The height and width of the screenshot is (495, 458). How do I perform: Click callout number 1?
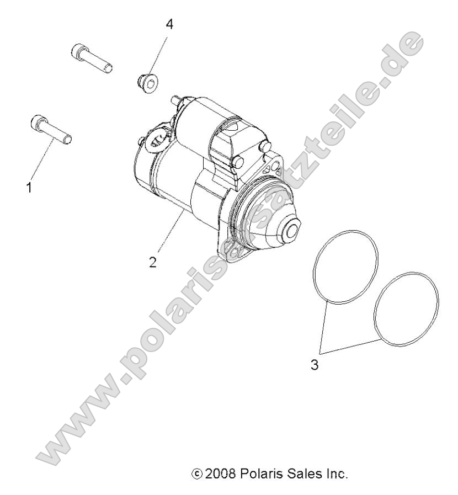(29, 188)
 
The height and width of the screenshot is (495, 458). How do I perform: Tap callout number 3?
(315, 365)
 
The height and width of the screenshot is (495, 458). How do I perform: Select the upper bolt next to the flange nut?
(92, 59)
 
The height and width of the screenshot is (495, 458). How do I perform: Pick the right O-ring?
(406, 310)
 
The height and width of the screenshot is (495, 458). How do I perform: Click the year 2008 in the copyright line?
(220, 473)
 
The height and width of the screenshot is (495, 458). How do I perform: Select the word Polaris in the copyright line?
(260, 473)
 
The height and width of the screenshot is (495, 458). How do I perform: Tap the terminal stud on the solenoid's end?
(175, 100)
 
